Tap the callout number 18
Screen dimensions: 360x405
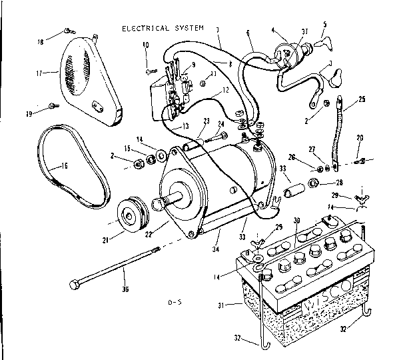click(41, 41)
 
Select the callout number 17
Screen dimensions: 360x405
click(39, 73)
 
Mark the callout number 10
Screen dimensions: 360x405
click(145, 45)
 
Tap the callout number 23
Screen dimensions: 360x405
click(207, 120)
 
